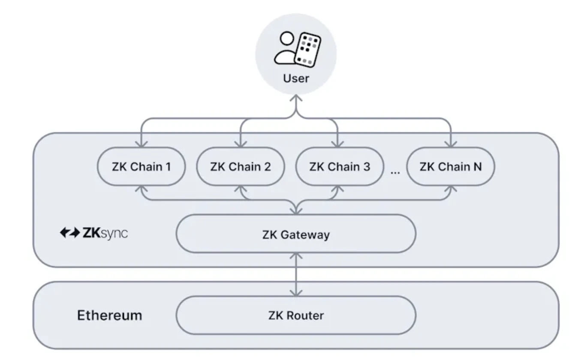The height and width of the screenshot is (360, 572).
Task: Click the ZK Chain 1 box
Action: click(x=141, y=167)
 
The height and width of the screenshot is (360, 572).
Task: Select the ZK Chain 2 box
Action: click(x=240, y=167)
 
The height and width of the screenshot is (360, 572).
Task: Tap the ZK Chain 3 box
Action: click(x=339, y=167)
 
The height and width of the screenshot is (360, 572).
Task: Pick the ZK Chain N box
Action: click(x=450, y=167)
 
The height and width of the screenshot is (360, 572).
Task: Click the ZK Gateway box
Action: click(x=296, y=234)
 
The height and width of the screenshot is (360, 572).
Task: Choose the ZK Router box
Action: click(x=296, y=316)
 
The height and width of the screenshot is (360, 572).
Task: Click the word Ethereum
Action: click(x=109, y=316)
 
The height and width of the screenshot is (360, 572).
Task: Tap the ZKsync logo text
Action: click(x=105, y=234)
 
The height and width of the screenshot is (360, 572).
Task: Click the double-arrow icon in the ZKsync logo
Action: click(x=69, y=234)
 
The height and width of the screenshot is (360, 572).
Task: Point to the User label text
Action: click(x=296, y=78)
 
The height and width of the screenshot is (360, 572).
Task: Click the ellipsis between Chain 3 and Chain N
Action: click(x=395, y=172)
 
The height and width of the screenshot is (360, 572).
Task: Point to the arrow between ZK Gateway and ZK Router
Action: click(x=296, y=274)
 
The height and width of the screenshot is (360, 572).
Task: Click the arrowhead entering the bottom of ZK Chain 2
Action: click(x=240, y=189)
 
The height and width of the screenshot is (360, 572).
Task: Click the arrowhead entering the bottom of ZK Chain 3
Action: click(x=339, y=189)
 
